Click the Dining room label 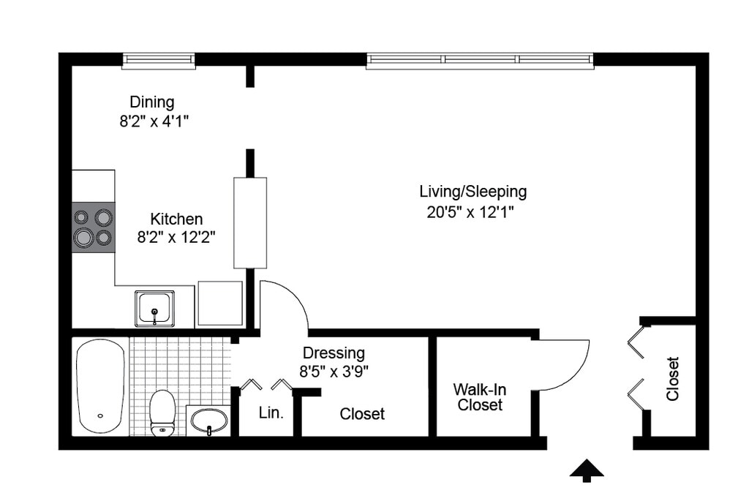pos(152,102)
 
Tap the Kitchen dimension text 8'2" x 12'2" pos(176,237)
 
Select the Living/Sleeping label pos(473,192)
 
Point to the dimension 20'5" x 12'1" pos(470,211)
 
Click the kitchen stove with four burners pos(94,227)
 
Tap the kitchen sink pos(154,309)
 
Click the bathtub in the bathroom pos(100,385)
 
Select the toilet pos(162,413)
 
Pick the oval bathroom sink pos(209,421)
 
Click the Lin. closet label pos(271,413)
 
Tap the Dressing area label pos(334,353)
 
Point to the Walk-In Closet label pos(480,397)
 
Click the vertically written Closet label pos(673,379)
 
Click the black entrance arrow pos(587,470)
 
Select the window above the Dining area pos(159,61)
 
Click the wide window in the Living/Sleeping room pos(480,61)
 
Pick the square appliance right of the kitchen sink pos(220,304)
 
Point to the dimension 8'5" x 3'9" pos(334,372)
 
